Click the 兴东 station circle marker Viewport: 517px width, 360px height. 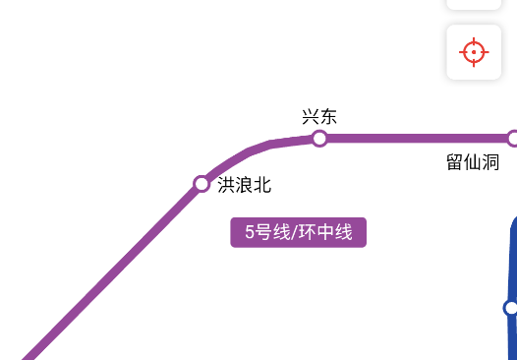(x=319, y=139)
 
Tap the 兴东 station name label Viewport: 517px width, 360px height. (x=319, y=116)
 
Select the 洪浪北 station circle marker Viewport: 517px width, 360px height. (x=201, y=184)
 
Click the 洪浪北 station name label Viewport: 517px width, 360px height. (x=244, y=185)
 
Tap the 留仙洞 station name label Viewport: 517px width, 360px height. (x=473, y=162)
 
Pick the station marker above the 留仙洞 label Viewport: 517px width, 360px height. (x=512, y=139)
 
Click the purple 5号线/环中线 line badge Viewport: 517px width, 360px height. (x=299, y=233)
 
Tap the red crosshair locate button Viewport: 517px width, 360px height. (x=474, y=51)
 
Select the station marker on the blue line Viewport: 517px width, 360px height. (x=511, y=308)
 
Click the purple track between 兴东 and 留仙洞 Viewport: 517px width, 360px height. (x=413, y=139)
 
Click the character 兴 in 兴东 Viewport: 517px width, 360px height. (x=311, y=116)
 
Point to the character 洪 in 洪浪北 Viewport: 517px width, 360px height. (x=226, y=185)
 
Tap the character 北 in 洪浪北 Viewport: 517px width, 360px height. (x=262, y=185)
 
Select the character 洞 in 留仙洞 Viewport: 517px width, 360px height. (x=491, y=162)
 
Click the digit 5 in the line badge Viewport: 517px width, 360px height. (x=251, y=233)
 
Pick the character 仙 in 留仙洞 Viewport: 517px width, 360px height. (x=473, y=162)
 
